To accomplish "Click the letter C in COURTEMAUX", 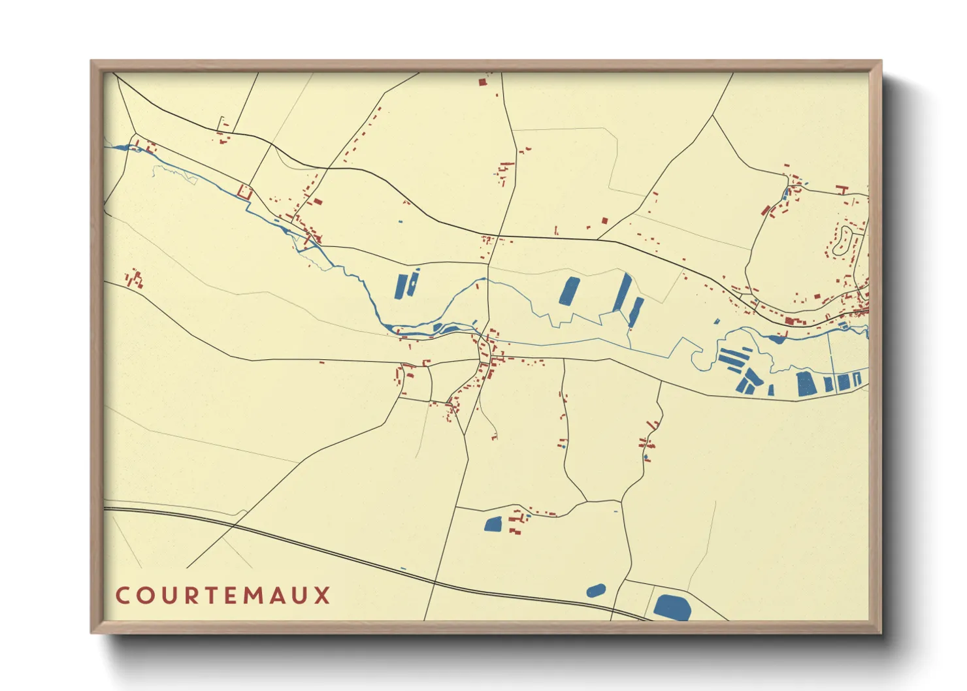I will pos(122,596).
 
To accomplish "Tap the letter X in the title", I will pos(322,596).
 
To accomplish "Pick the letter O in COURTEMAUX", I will pos(143,596).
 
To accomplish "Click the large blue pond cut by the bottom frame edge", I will pos(672,607).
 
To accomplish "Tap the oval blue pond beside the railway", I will pos(595,591).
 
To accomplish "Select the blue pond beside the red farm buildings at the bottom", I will pos(493,523).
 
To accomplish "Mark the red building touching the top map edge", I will pos(483,82).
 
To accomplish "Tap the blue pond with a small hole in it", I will pos(413,282).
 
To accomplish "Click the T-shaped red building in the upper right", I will pos(842,189).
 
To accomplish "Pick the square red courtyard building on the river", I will pos(245,192).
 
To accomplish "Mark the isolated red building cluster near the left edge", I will pos(135,279).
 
